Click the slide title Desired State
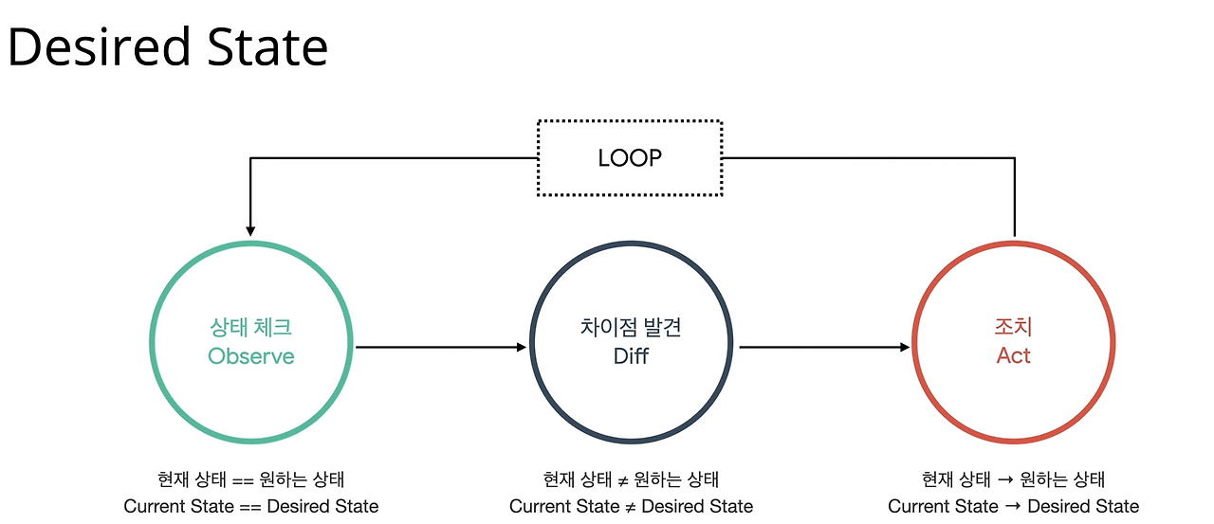pos(168,47)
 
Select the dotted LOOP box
pos(630,158)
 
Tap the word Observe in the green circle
pos(251,356)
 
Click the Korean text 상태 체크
pos(251,328)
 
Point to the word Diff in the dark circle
pos(631,356)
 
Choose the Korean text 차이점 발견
pos(631,328)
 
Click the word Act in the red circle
pos(1013,356)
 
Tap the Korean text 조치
pos(1013,328)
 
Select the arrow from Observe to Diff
pos(441,348)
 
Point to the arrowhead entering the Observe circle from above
pos(250,229)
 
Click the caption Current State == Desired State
pos(251,506)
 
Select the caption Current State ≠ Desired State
pos(631,506)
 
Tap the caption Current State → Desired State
pos(1013,506)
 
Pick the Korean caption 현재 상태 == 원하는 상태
pos(251,479)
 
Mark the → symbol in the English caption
pos(1013,506)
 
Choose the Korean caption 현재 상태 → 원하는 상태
pos(1013,479)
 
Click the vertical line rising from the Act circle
pos(1015,199)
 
